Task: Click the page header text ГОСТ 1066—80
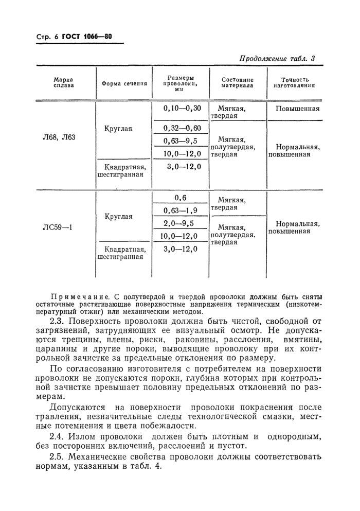point(87,37)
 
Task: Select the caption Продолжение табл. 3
point(277,59)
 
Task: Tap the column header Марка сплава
point(63,83)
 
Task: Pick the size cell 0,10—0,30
point(182,109)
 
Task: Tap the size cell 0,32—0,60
point(182,128)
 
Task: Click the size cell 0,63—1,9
point(180,210)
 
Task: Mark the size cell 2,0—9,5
point(180,223)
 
